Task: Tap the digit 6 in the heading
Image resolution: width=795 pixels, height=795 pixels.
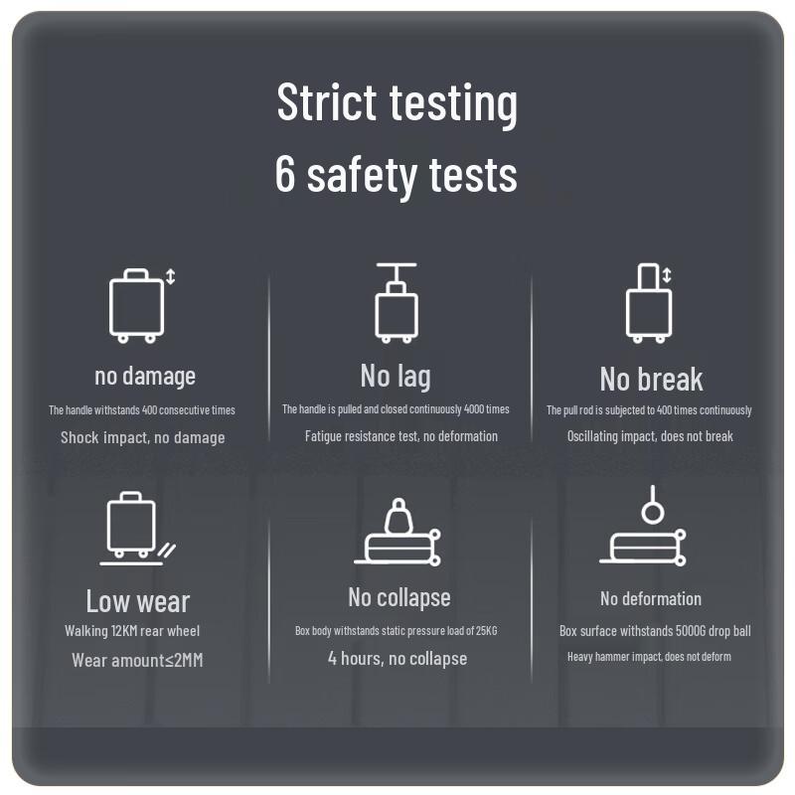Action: [x=285, y=173]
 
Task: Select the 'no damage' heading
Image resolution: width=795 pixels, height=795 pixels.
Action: [x=145, y=377]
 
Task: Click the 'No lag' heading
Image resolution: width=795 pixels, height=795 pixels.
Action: [x=396, y=377]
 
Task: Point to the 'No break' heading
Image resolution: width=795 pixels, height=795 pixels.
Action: [x=652, y=380]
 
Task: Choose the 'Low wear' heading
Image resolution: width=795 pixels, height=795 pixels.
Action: [x=138, y=601]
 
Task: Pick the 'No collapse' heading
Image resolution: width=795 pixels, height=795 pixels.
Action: [x=399, y=598]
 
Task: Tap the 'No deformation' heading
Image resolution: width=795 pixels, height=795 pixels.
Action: [x=651, y=599]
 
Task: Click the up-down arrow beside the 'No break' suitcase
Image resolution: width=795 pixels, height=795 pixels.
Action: [x=667, y=275]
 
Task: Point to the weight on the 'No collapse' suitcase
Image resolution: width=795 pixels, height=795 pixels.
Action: [x=398, y=516]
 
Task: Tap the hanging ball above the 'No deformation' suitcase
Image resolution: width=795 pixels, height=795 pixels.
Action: [x=653, y=512]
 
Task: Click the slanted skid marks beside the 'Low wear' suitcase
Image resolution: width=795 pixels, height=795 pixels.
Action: [x=167, y=551]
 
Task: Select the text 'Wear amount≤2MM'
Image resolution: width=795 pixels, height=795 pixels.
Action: [x=137, y=660]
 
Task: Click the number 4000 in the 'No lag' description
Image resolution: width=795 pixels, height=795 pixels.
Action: [x=474, y=409]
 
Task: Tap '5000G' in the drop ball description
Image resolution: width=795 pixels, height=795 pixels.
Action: [x=689, y=631]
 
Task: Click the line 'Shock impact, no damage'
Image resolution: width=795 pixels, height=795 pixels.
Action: [x=143, y=437]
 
